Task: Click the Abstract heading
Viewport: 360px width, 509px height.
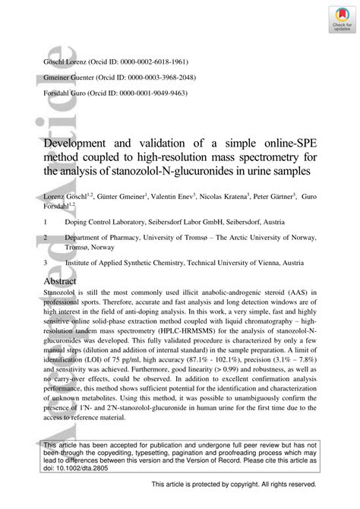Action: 66,281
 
